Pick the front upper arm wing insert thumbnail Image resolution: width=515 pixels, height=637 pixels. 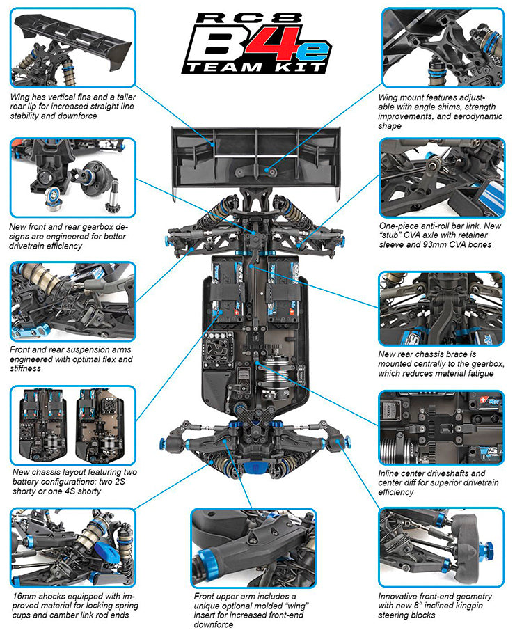point(253,548)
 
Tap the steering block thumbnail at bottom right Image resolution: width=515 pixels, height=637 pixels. point(441,548)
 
